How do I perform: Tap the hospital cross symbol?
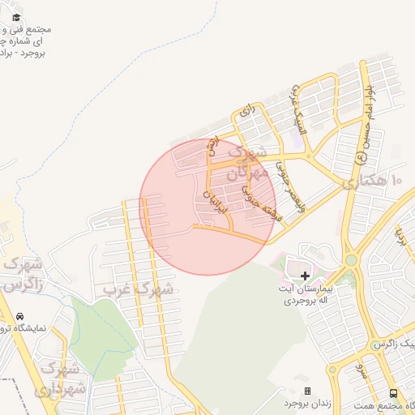pyautogui.click(x=304, y=276)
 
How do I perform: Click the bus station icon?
pyautogui.click(x=394, y=393)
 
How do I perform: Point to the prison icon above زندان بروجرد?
pyautogui.click(x=306, y=391)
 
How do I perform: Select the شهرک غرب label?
pyautogui.click(x=139, y=288)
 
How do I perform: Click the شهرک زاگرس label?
pyautogui.click(x=22, y=275)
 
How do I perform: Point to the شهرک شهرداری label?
pyautogui.click(x=58, y=379)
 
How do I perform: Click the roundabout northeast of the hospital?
pyautogui.click(x=351, y=259)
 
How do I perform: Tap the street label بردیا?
pyautogui.click(x=400, y=236)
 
